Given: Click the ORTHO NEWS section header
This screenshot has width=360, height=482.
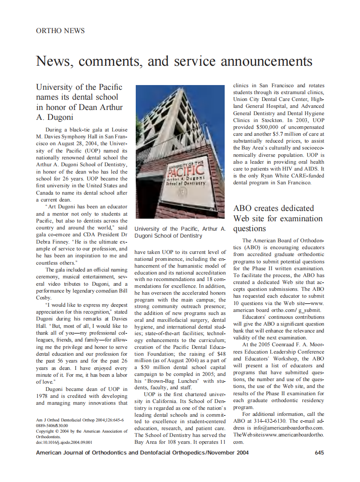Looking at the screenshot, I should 60,31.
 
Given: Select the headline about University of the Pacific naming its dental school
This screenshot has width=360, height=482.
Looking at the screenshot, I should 79,102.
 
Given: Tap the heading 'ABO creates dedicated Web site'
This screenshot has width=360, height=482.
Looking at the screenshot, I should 274,218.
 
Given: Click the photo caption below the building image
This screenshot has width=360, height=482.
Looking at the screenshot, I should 180,232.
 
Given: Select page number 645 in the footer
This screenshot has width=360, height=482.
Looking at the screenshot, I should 319,452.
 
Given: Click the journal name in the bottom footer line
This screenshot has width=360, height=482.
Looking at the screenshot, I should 142,452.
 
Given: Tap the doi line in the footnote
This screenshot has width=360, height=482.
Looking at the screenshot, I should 64,442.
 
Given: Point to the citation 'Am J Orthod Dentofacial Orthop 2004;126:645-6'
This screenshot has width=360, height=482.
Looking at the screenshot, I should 80,420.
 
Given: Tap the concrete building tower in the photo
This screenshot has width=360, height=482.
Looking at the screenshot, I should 180,120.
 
